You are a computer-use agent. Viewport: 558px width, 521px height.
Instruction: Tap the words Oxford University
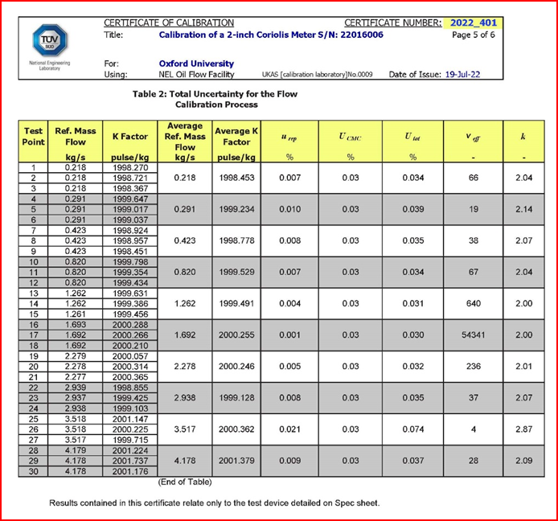pyautogui.click(x=196, y=64)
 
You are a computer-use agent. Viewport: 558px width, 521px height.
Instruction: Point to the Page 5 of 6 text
pyautogui.click(x=474, y=35)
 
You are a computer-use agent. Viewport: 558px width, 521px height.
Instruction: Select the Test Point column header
pyautogui.click(x=34, y=136)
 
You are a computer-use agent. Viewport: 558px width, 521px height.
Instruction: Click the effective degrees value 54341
pyautogui.click(x=473, y=334)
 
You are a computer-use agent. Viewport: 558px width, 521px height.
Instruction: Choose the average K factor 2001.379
pyautogui.click(x=236, y=461)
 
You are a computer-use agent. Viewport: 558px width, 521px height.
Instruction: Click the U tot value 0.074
pyautogui.click(x=412, y=429)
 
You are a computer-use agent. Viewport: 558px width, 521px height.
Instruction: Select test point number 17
pyautogui.click(x=34, y=334)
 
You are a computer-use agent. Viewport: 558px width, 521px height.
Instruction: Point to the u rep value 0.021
pyautogui.click(x=289, y=429)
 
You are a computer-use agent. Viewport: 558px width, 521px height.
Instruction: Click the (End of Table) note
pyautogui.click(x=186, y=482)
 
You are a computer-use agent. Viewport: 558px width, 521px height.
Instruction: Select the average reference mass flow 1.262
pyautogui.click(x=185, y=303)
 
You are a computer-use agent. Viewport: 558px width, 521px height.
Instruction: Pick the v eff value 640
pyautogui.click(x=473, y=303)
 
